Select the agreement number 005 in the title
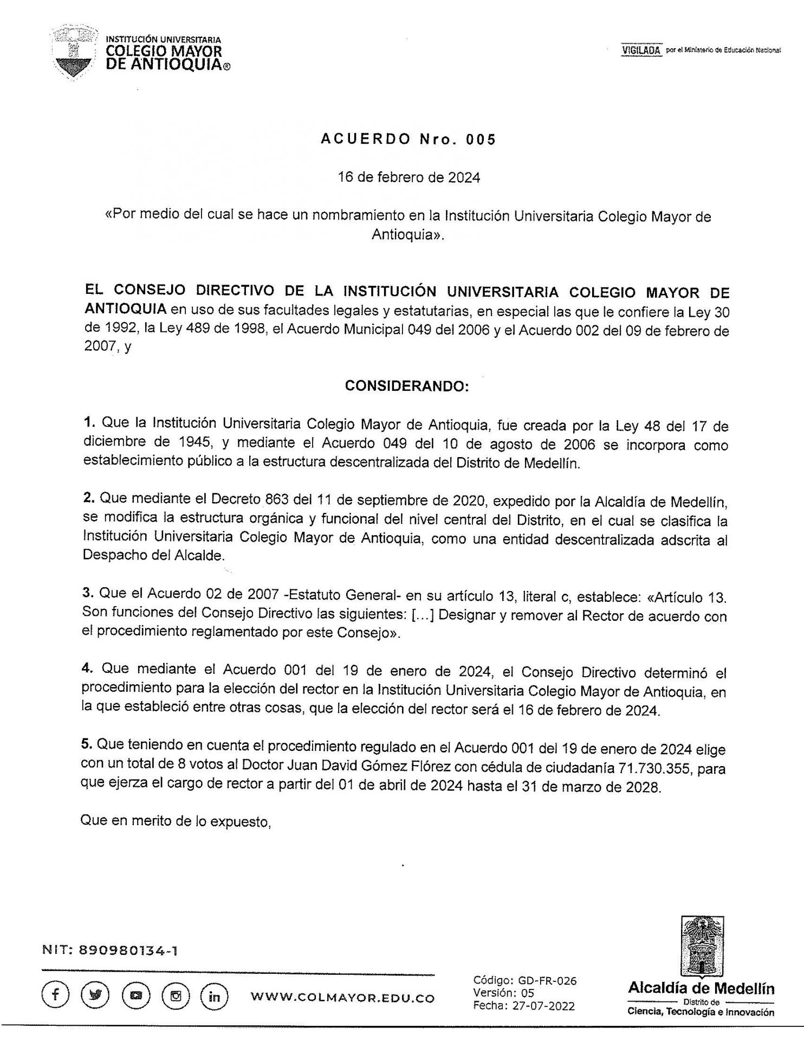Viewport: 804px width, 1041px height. pyautogui.click(x=483, y=140)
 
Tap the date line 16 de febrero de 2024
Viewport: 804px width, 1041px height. pyautogui.click(x=408, y=178)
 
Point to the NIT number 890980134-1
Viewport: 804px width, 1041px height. pyautogui.click(x=129, y=950)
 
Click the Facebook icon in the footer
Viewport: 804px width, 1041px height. pyautogui.click(x=54, y=997)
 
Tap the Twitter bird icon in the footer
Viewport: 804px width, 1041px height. pyautogui.click(x=94, y=997)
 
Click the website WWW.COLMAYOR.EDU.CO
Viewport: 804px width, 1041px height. pyautogui.click(x=342, y=998)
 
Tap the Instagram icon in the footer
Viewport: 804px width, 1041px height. pyautogui.click(x=174, y=997)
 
